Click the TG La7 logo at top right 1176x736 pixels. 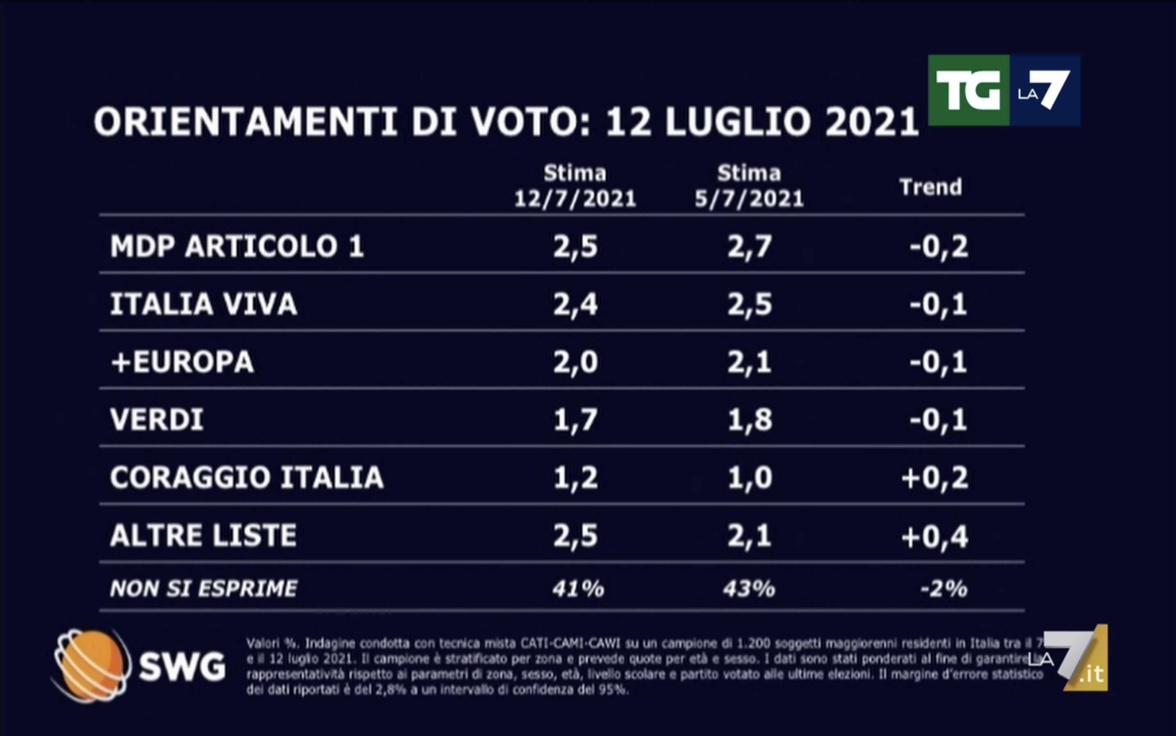1004,91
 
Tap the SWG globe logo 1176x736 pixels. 91,665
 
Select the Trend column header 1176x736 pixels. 930,187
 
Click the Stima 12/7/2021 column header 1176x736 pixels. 575,186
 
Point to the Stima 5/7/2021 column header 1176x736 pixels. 749,186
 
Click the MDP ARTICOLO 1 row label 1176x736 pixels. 237,246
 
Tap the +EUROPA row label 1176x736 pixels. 182,362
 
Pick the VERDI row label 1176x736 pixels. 157,420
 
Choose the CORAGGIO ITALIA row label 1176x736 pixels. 247,478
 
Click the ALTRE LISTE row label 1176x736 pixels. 203,535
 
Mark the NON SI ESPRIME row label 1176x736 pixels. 203,588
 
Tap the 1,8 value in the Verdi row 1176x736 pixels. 749,420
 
